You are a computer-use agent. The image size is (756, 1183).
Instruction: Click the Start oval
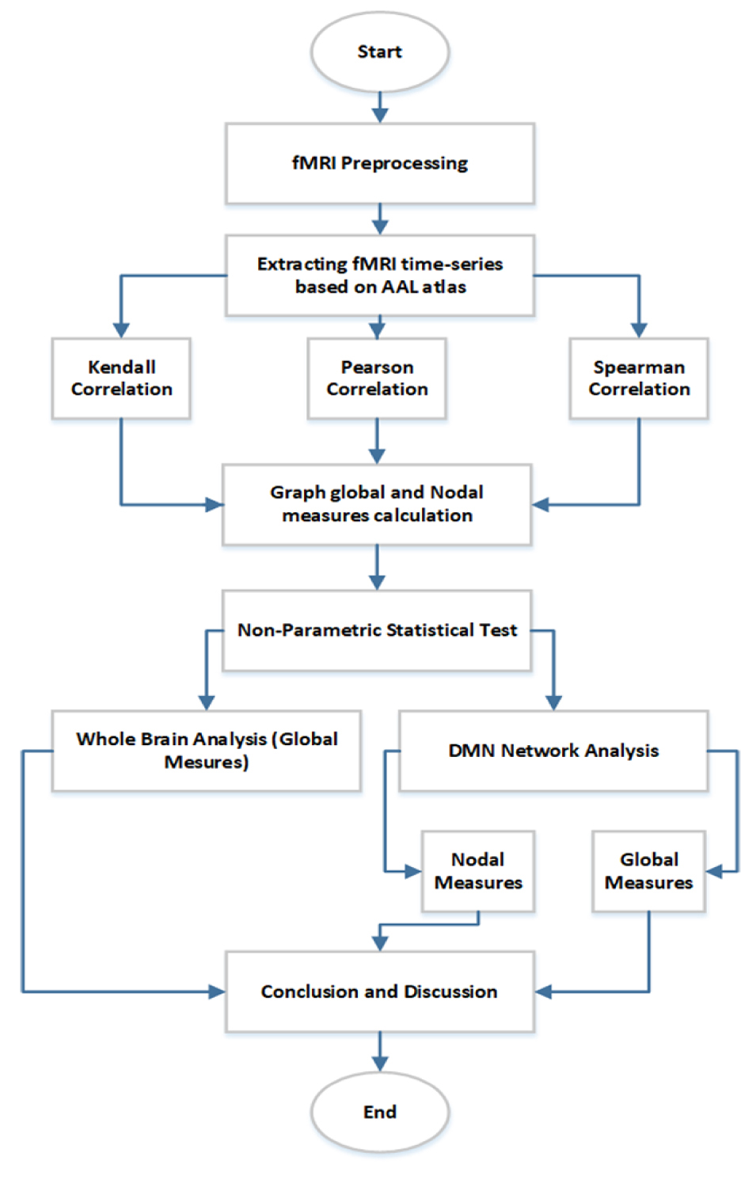(380, 51)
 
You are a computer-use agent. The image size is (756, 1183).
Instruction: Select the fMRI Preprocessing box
(380, 163)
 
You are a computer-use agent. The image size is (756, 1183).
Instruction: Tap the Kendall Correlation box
(121, 378)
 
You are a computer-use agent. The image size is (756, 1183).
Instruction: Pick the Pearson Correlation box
(377, 378)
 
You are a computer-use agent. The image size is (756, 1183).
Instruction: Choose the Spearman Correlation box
(639, 378)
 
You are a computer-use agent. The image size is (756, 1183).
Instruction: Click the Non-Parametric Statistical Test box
(376, 630)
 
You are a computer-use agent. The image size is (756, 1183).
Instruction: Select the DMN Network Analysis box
(553, 751)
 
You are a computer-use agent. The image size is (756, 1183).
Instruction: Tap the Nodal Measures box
(478, 871)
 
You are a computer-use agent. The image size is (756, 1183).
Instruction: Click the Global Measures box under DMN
(649, 871)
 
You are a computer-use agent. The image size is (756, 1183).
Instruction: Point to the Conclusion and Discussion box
(380, 991)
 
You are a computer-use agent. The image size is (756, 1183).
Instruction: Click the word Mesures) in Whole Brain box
(207, 762)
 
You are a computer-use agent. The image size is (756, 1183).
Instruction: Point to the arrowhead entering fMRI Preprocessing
(380, 116)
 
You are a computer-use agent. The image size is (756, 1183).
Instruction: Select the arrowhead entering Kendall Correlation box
(121, 330)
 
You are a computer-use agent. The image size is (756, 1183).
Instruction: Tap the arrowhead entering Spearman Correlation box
(639, 330)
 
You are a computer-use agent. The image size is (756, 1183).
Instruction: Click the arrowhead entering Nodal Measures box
(414, 871)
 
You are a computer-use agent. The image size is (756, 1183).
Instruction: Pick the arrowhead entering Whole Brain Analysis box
(207, 703)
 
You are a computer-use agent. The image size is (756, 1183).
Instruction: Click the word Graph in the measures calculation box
(297, 493)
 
